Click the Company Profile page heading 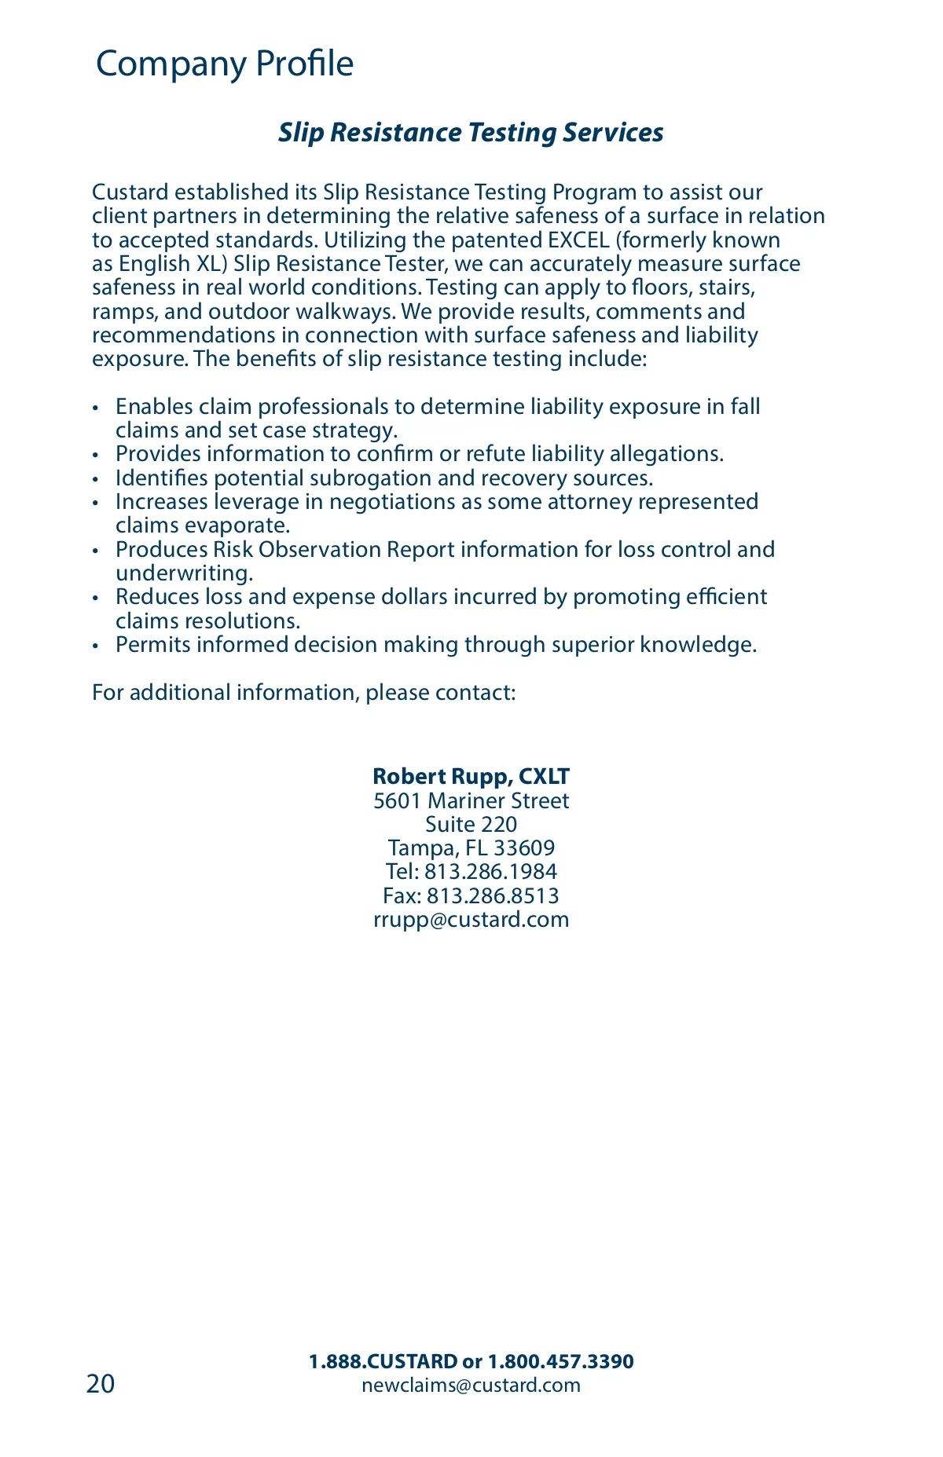click(x=224, y=64)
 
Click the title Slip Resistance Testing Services click(x=471, y=133)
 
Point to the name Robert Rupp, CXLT click(x=471, y=777)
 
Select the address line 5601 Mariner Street click(x=471, y=801)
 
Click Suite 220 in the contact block click(x=471, y=825)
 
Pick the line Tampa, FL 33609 click(x=471, y=848)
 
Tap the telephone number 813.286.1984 click(x=490, y=872)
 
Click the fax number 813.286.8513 click(x=493, y=896)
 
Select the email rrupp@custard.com click(x=471, y=920)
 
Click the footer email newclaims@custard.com click(x=471, y=1386)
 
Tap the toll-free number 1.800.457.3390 click(x=560, y=1362)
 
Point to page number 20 click(x=101, y=1384)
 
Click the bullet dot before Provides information click(x=96, y=456)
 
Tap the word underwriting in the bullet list click(x=184, y=573)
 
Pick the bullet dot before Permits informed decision click(x=96, y=646)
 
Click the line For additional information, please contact click(x=303, y=693)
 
